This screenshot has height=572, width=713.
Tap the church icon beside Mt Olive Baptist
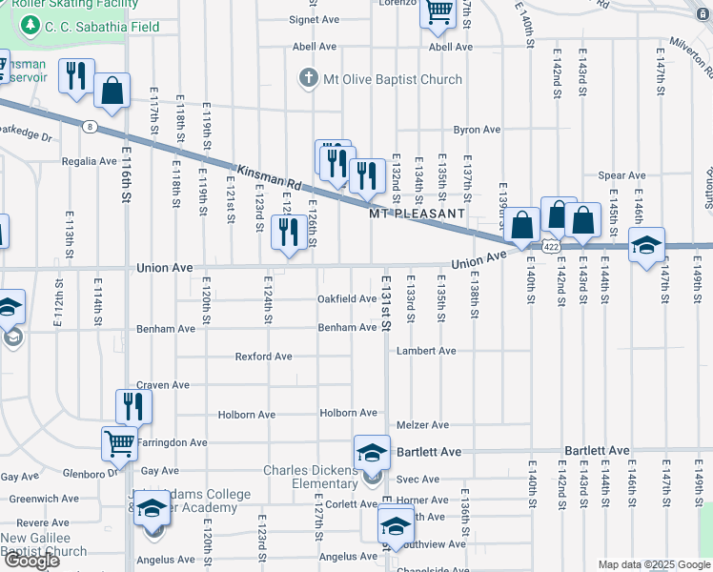click(x=308, y=78)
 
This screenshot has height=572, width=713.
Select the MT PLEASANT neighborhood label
click(x=418, y=214)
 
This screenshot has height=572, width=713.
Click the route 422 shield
click(x=551, y=246)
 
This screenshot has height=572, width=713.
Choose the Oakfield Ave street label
click(x=347, y=298)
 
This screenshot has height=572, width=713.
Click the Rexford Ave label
click(x=264, y=357)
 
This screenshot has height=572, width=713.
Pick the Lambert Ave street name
click(x=426, y=351)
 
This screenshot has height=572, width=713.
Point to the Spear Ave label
click(x=621, y=175)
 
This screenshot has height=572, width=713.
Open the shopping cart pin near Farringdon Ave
click(x=119, y=442)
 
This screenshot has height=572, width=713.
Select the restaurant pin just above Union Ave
click(x=287, y=232)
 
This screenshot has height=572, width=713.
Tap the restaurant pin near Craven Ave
click(x=133, y=405)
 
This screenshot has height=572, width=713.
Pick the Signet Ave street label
click(x=315, y=19)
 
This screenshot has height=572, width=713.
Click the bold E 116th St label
click(x=125, y=174)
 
